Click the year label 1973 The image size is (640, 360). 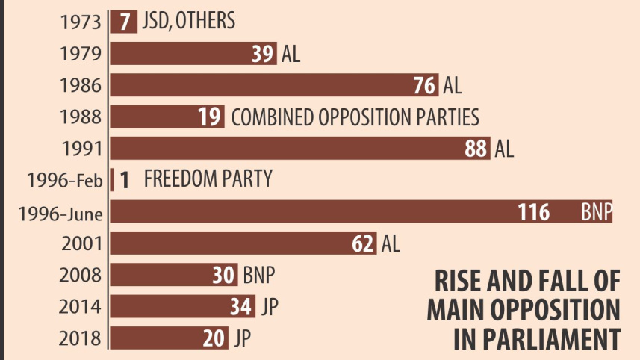point(81,21)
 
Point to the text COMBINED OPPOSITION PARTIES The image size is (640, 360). point(355,117)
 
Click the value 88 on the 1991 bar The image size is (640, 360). point(476,149)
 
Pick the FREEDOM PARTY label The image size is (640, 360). point(208,179)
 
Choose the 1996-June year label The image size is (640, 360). point(60,214)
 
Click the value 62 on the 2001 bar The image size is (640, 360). point(363,243)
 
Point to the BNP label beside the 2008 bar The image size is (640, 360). point(259,276)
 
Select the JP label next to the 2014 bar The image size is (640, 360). point(270,306)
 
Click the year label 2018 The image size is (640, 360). point(81,339)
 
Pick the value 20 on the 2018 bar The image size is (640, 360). point(214,338)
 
